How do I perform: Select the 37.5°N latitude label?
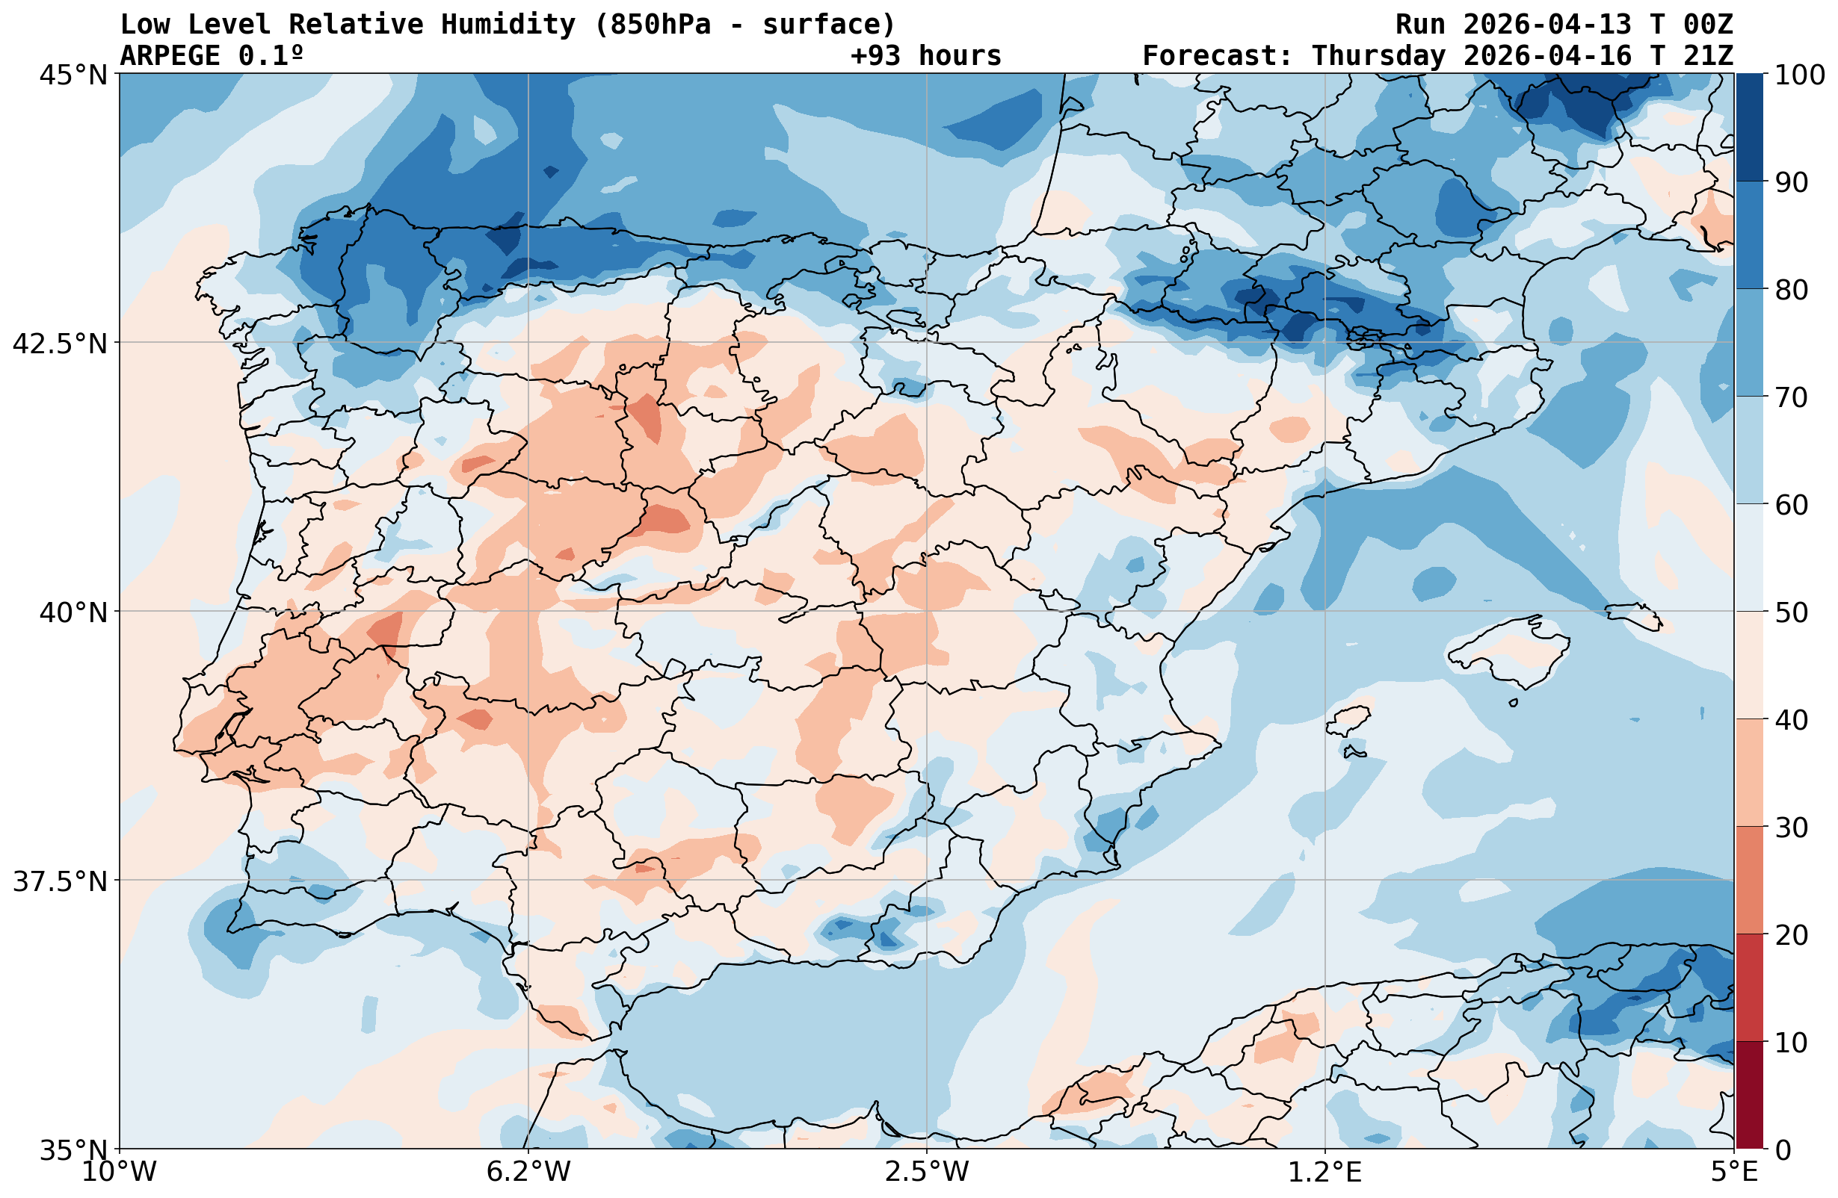click(x=60, y=881)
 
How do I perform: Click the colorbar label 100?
click(x=1799, y=75)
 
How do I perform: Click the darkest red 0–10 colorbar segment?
click(x=1750, y=1096)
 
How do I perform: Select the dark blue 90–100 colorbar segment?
click(x=1750, y=128)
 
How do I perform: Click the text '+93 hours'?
click(x=926, y=56)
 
